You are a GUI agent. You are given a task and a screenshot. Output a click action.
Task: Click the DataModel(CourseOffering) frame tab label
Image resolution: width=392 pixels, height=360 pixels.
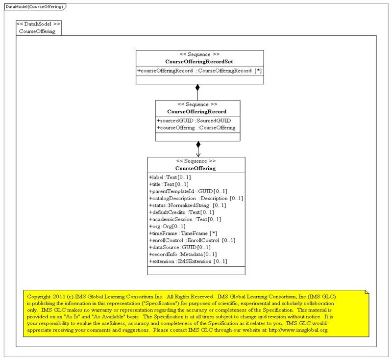point(34,6)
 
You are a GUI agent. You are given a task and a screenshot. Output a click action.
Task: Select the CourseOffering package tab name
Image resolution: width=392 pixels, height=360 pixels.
point(37,31)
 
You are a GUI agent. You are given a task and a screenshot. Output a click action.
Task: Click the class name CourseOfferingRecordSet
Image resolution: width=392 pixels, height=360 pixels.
point(199,62)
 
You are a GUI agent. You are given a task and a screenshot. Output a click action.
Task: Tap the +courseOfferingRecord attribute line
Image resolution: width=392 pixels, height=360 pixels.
point(199,71)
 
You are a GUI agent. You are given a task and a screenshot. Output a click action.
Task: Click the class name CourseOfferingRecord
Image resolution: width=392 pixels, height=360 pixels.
point(197,112)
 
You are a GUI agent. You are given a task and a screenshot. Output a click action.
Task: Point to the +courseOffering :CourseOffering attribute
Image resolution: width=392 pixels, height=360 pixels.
point(196,128)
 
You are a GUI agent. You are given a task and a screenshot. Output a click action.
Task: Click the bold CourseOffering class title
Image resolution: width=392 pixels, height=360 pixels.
point(196,168)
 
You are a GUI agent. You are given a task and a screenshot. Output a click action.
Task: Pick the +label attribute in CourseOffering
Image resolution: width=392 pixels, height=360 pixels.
point(170,177)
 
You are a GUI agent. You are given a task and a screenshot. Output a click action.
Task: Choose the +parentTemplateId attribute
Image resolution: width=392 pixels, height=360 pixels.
point(188,191)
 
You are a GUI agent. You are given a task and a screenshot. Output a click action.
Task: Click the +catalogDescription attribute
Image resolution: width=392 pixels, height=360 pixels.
point(196,198)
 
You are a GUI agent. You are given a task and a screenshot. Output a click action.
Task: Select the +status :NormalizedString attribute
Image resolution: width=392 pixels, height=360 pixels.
point(187,205)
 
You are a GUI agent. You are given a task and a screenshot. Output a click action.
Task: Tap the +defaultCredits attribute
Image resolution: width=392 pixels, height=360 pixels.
point(182,212)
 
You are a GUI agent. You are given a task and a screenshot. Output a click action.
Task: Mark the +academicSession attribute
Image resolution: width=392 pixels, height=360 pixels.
point(184,219)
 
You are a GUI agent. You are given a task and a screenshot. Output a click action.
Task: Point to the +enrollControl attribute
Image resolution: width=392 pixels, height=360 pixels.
point(192,240)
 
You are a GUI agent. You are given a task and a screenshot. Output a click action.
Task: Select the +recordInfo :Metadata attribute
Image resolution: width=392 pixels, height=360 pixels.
point(182,255)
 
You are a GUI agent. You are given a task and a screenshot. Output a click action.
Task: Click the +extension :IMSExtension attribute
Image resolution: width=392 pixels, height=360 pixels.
point(187,261)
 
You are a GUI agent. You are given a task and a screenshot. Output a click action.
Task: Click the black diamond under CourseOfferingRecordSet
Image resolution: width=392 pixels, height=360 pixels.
point(197,88)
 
